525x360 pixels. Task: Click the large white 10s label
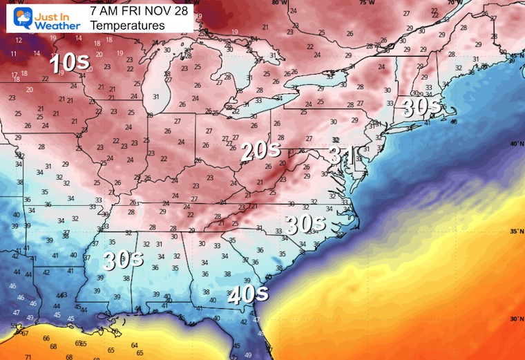(70, 64)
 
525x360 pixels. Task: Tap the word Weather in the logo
(46, 25)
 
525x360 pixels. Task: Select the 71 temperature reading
(28, 356)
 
